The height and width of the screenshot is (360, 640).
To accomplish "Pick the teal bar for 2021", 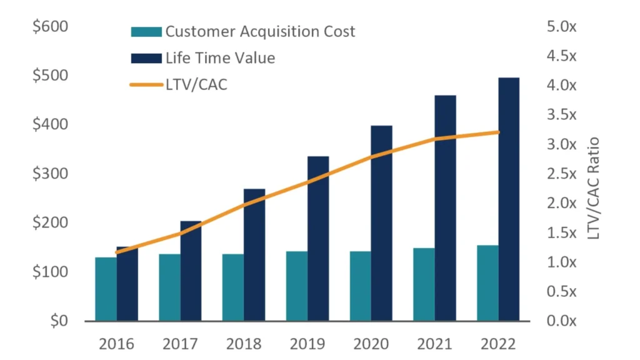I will coord(423,284).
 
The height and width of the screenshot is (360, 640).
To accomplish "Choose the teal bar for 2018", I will coord(232,287).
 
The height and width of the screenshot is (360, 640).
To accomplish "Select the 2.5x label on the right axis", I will coord(560,174).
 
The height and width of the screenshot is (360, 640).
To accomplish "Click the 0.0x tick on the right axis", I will coord(560,321).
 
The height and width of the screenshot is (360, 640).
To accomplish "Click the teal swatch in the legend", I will coord(146,32).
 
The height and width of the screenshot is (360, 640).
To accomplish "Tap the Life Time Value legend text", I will coord(220,58).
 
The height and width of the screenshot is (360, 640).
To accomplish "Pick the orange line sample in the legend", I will coord(146,84).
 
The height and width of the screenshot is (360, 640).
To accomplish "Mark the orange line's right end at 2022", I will coord(498,132).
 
